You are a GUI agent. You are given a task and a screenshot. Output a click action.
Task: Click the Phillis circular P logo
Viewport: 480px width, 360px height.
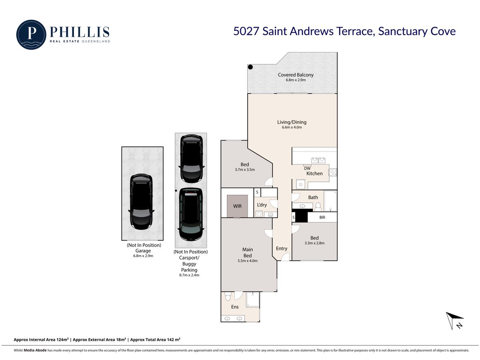(x=31, y=34)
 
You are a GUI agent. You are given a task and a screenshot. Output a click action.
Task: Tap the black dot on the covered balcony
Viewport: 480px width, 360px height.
(x=250, y=67)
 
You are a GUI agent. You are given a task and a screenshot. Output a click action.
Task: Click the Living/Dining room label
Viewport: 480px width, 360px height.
(x=292, y=122)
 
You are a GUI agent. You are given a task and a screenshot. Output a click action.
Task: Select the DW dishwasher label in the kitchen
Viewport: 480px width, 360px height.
(x=307, y=168)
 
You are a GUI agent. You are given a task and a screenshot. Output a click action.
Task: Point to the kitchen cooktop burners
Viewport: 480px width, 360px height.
(x=333, y=172)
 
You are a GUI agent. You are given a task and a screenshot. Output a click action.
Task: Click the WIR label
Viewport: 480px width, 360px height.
(x=237, y=206)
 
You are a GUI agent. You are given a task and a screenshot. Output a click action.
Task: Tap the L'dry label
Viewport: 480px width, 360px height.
(x=262, y=205)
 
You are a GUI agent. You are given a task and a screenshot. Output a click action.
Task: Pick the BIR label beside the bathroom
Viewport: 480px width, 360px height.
(x=322, y=217)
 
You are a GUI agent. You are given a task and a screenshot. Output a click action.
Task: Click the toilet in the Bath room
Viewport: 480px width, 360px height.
(x=318, y=206)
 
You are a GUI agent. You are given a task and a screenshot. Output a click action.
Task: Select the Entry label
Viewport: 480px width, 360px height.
(x=282, y=248)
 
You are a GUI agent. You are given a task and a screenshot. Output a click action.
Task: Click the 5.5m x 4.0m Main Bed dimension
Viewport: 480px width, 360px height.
(x=247, y=261)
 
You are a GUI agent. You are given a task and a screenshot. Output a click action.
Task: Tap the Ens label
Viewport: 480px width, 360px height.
(x=235, y=307)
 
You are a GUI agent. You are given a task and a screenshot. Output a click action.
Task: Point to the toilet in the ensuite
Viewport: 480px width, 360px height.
(x=228, y=297)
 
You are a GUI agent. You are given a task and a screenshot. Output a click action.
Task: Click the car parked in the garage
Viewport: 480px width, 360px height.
(x=142, y=202)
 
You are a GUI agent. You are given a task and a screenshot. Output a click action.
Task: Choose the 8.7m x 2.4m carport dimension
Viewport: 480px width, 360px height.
(x=189, y=275)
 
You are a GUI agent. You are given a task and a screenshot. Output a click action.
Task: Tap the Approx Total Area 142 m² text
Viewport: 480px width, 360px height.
(x=155, y=340)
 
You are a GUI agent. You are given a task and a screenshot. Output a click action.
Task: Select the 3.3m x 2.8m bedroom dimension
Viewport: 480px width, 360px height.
(x=314, y=243)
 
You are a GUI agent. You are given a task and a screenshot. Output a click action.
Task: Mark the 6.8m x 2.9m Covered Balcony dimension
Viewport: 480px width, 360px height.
(x=296, y=80)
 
